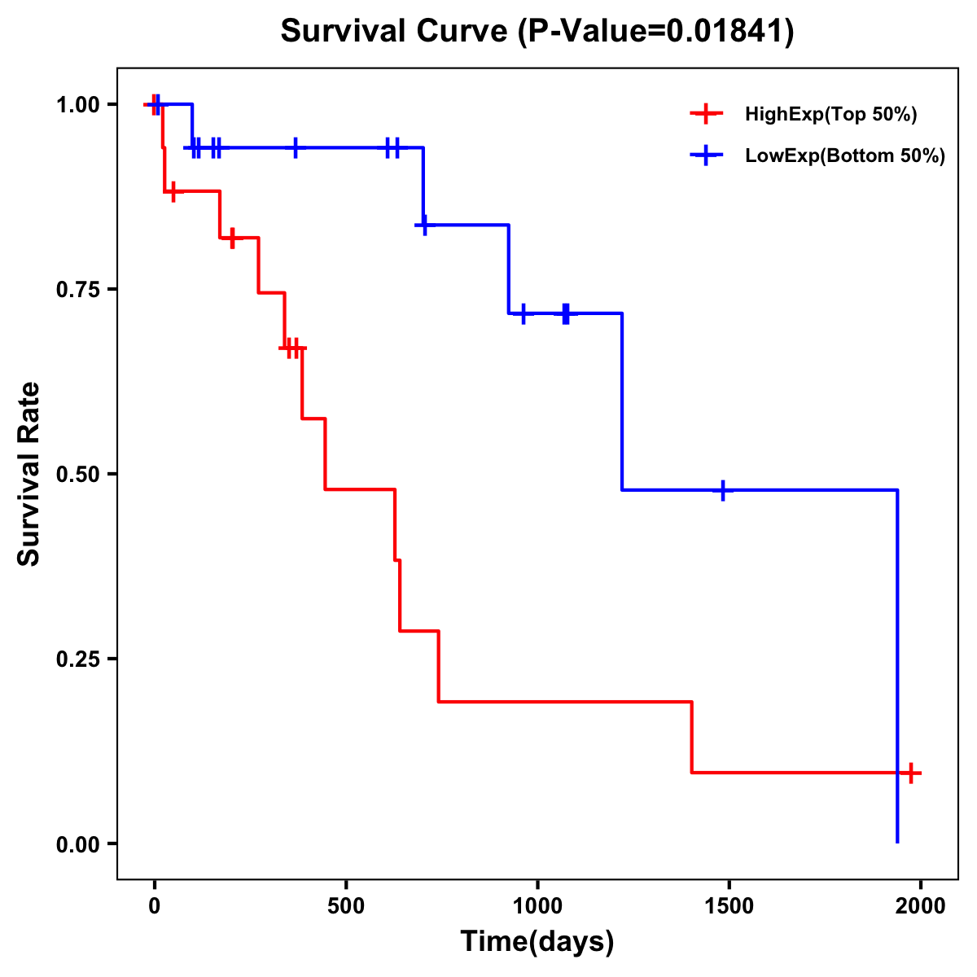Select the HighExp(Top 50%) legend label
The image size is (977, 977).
(x=830, y=115)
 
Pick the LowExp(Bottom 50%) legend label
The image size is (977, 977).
(x=845, y=156)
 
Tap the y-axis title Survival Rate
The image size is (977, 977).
(x=29, y=474)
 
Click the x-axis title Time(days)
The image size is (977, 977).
(x=537, y=941)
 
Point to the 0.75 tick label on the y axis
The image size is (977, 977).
(x=78, y=290)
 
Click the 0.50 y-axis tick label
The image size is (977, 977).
(x=78, y=475)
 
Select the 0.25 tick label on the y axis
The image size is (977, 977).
(x=78, y=659)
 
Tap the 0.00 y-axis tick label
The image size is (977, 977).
(x=78, y=844)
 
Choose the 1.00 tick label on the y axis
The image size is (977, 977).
(x=78, y=105)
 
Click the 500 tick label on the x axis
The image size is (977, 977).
(x=346, y=906)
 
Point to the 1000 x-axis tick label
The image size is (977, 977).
(x=537, y=906)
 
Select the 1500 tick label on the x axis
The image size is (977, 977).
(x=729, y=906)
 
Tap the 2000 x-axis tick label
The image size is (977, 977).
(x=921, y=906)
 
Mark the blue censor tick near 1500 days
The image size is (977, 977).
(x=722, y=490)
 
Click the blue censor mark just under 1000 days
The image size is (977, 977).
(x=523, y=313)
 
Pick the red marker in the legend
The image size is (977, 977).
(x=706, y=114)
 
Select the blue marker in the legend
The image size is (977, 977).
(x=706, y=156)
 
